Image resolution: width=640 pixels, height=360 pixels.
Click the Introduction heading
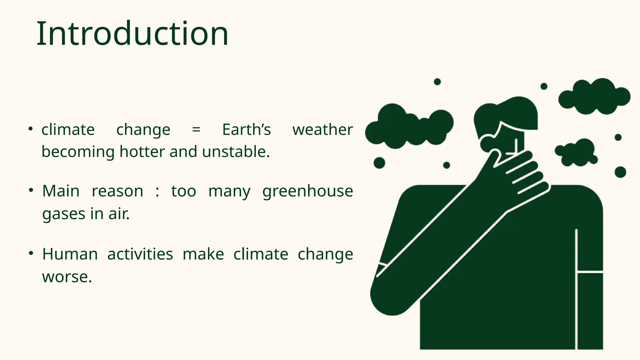(132, 34)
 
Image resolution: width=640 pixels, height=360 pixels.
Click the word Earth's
(246, 130)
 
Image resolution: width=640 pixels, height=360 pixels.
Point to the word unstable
(236, 152)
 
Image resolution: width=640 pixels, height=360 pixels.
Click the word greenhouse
(307, 191)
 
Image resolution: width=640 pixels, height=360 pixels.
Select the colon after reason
(157, 192)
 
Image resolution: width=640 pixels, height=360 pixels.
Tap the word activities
(140, 254)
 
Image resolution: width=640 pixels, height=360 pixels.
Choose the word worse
(67, 277)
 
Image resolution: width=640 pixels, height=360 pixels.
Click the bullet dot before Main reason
(31, 190)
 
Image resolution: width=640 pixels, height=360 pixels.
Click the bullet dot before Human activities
(31, 253)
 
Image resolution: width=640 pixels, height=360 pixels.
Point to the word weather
(322, 130)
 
